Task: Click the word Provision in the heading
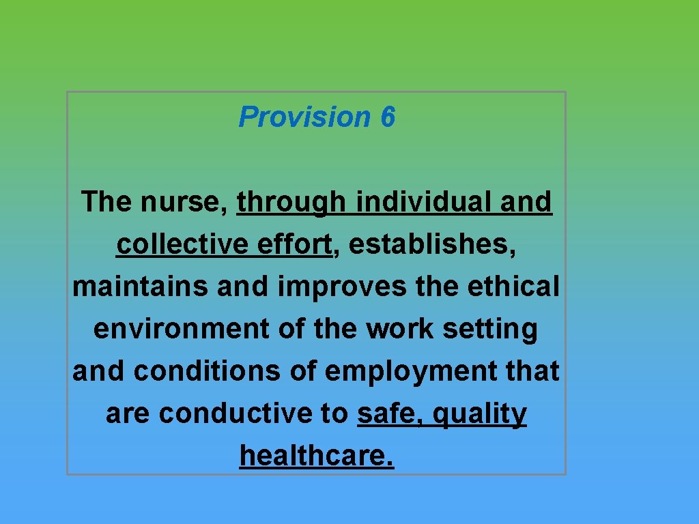(304, 117)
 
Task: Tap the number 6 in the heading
(388, 117)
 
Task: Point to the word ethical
(513, 287)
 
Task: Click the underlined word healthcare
(317, 456)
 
